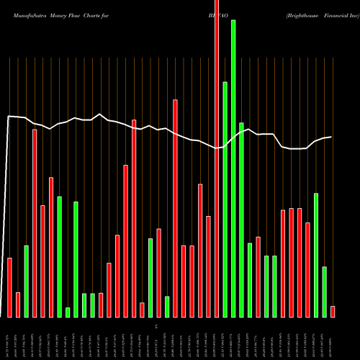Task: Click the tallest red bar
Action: tap(217, 158)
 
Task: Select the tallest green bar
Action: tap(233, 168)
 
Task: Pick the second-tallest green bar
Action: tap(225, 199)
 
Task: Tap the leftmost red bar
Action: tap(9, 287)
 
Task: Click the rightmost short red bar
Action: tap(333, 312)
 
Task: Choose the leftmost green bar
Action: tap(26, 282)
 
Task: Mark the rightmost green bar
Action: tap(324, 292)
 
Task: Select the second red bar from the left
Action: tap(18, 305)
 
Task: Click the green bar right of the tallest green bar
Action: tap(241, 220)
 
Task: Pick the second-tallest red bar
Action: tap(175, 208)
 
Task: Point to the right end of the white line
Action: tap(332, 137)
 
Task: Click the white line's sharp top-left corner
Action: tap(9, 116)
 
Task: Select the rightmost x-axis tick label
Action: tap(333, 335)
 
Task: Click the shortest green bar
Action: tap(68, 312)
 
